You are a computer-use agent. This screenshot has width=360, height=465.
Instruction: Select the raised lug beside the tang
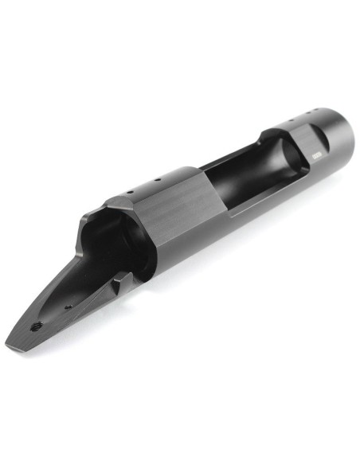tap(121, 280)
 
